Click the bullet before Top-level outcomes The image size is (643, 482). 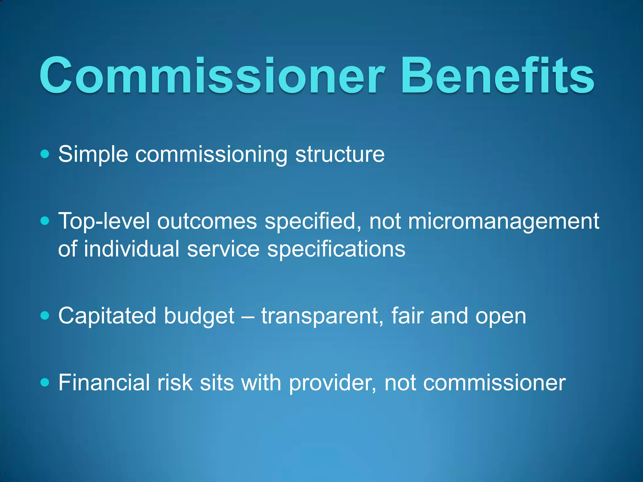(x=45, y=221)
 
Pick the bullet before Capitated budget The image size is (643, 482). (x=45, y=315)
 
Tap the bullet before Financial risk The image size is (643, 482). (x=45, y=382)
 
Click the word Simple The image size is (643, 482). (x=93, y=154)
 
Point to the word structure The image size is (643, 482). (x=340, y=154)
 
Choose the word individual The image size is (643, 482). (x=132, y=249)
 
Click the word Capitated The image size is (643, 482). (x=107, y=316)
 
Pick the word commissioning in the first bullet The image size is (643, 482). (x=211, y=154)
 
